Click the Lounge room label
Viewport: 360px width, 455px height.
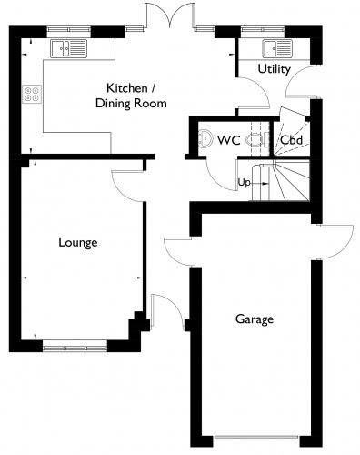point(78,243)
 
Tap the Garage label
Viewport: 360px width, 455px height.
point(255,319)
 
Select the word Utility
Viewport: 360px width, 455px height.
point(275,69)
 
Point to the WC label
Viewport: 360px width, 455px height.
point(229,140)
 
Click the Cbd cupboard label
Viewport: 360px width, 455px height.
point(291,140)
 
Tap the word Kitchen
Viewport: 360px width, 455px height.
point(127,88)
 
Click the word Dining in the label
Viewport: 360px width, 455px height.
point(113,104)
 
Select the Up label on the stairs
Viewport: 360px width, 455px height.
point(244,183)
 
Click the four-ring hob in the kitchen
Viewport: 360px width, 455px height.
point(32,94)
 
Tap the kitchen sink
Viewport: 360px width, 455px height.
point(69,48)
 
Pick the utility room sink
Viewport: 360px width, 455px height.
point(277,48)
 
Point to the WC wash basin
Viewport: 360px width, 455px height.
point(205,138)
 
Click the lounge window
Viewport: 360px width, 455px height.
point(75,346)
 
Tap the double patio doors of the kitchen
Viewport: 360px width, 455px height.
point(170,15)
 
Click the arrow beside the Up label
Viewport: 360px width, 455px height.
point(260,184)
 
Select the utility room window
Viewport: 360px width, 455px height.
point(263,29)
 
